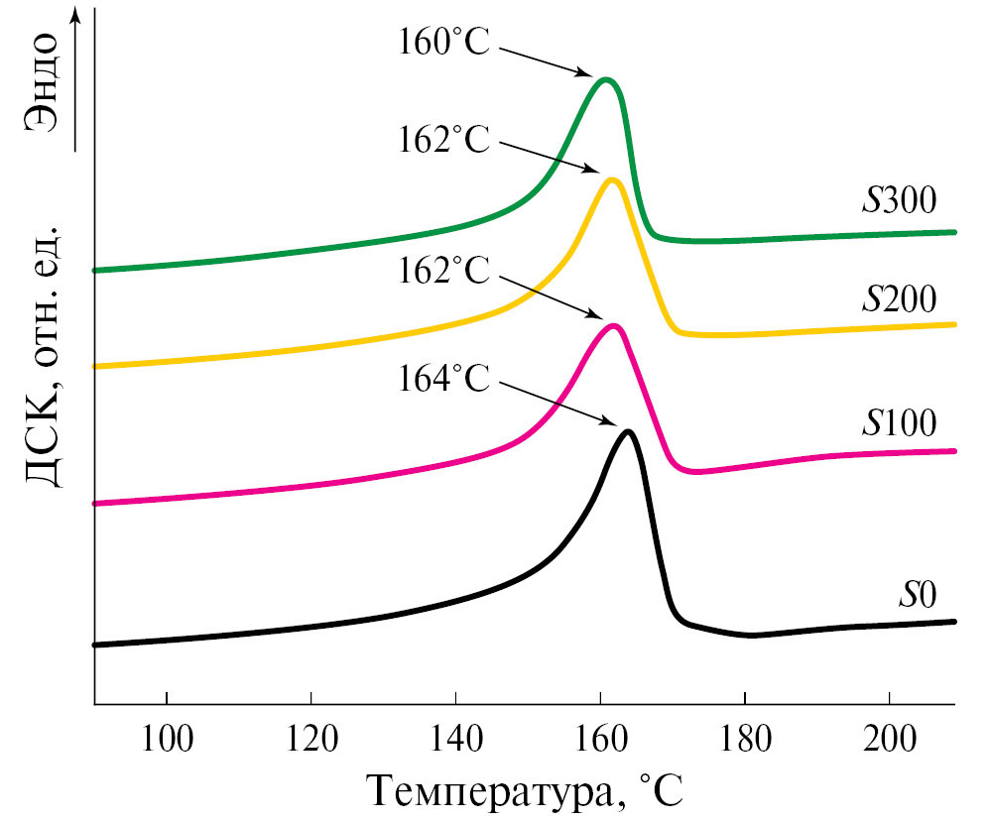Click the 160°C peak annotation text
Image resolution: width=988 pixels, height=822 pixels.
tap(444, 45)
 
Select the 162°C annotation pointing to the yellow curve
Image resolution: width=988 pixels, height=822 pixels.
tap(444, 140)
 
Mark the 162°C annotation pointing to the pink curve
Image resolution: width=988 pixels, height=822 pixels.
tap(444, 271)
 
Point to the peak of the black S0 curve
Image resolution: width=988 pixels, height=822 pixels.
tap(628, 431)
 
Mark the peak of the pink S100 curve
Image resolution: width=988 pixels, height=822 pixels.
tap(614, 325)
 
